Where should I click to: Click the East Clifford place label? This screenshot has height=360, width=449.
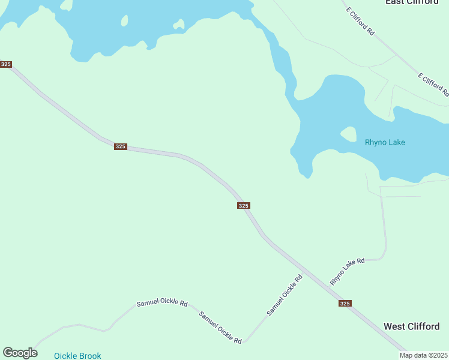tap(412, 2)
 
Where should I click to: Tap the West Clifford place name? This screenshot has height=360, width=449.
tap(411, 326)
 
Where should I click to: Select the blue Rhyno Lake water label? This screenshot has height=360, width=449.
tap(385, 143)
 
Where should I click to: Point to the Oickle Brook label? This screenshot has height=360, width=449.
tap(77, 356)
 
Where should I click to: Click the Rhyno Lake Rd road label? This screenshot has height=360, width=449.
tap(348, 272)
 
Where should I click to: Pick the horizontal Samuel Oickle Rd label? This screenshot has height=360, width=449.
tap(162, 303)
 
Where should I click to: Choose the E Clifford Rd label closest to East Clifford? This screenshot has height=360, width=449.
tap(360, 21)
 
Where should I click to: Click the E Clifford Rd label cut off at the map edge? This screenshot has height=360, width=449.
tap(433, 85)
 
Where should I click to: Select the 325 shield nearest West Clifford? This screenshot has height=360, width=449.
tap(345, 304)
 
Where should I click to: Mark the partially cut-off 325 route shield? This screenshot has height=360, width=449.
tap(5, 64)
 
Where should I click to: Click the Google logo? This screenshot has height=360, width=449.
tap(20, 353)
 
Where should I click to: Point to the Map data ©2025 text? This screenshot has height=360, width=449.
tap(424, 355)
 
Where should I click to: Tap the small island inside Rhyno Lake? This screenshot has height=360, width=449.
tap(348, 134)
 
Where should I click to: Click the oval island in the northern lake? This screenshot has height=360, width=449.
tap(124, 21)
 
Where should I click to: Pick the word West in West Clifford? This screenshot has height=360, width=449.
tap(394, 326)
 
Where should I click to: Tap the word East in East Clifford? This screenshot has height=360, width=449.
tap(394, 2)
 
